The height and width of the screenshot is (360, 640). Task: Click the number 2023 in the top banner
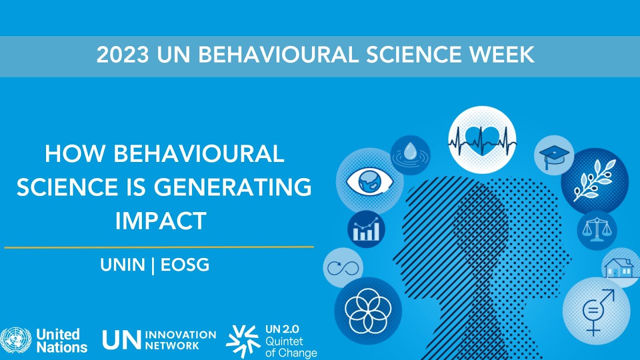pos(122,54)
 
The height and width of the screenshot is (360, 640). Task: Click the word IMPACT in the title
pos(160,220)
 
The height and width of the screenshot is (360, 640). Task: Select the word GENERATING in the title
pos(232,187)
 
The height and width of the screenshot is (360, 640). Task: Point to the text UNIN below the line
pos(122,265)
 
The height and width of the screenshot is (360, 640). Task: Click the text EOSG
pos(185,265)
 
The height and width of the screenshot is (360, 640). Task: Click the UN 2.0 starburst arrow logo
pos(243,341)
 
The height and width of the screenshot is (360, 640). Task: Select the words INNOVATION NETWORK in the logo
pos(180,340)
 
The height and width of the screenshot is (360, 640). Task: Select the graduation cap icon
pos(553,155)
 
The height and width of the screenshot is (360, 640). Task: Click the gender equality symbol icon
pos(596,311)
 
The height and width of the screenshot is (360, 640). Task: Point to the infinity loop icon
pos(343,268)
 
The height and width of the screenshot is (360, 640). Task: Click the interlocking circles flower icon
pos(367,311)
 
